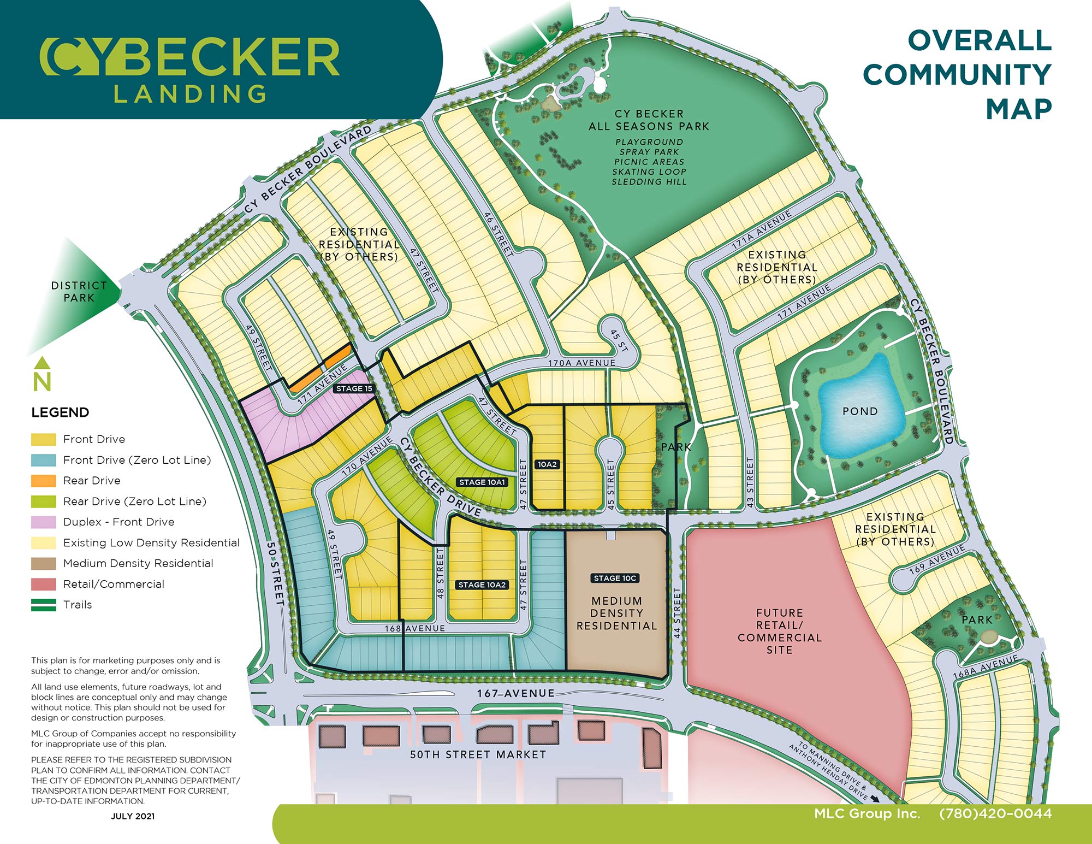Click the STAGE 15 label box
(354, 388)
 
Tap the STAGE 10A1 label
(482, 482)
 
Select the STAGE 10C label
(615, 578)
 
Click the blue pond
(858, 406)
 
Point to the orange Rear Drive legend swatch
(44, 481)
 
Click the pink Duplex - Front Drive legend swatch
(44, 522)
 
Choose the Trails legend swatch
(44, 605)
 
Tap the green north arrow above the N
(42, 363)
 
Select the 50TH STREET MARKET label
(478, 754)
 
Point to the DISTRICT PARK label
(79, 292)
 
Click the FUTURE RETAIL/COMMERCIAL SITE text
(780, 631)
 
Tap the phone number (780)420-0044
(995, 813)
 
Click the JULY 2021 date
(133, 816)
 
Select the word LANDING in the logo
(190, 93)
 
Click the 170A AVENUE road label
(581, 363)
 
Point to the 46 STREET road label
(499, 234)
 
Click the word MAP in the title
(1019, 109)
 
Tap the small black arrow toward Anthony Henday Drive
(875, 799)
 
